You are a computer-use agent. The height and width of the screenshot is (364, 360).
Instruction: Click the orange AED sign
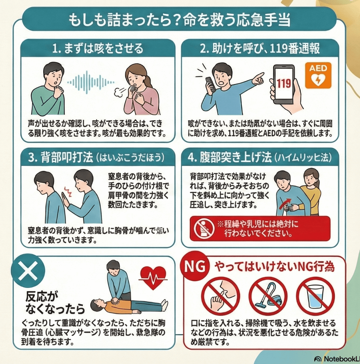point(318,75)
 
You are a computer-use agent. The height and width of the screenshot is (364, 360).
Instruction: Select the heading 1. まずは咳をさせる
point(98,49)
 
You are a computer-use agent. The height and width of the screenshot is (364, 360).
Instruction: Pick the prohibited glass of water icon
point(315,296)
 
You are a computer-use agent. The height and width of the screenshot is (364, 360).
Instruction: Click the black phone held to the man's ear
point(210,84)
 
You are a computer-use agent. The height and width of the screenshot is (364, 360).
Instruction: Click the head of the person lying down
point(96,306)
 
